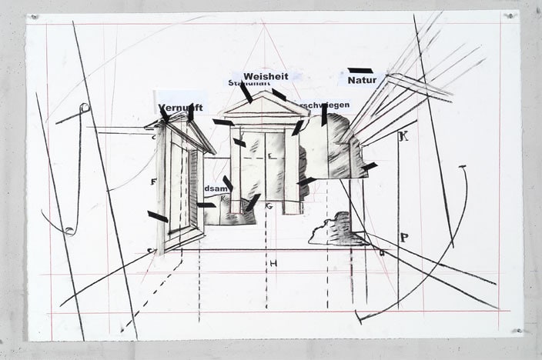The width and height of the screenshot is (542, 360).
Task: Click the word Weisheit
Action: click(x=266, y=76)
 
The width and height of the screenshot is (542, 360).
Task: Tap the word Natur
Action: click(x=361, y=79)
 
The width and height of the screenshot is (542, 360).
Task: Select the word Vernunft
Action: click(x=180, y=108)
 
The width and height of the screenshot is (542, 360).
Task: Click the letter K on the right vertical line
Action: click(x=403, y=137)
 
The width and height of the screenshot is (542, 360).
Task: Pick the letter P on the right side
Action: click(x=404, y=238)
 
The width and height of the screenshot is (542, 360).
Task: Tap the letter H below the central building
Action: click(x=273, y=264)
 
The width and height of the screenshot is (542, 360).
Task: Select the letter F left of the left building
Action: click(x=154, y=182)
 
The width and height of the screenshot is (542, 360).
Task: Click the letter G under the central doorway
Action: click(x=269, y=206)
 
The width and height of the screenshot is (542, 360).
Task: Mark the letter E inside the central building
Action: click(x=269, y=156)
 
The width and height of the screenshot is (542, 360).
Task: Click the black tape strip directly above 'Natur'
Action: click(x=360, y=70)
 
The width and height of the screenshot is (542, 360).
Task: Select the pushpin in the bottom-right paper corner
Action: click(x=515, y=331)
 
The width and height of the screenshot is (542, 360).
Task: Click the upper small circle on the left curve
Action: click(x=85, y=107)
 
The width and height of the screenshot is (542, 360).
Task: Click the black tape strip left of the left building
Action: click(x=158, y=217)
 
